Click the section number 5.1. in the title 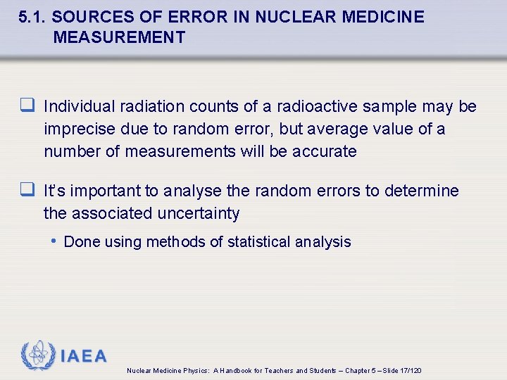[33, 17]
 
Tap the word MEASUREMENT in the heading [119, 37]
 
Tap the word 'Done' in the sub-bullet [81, 242]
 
